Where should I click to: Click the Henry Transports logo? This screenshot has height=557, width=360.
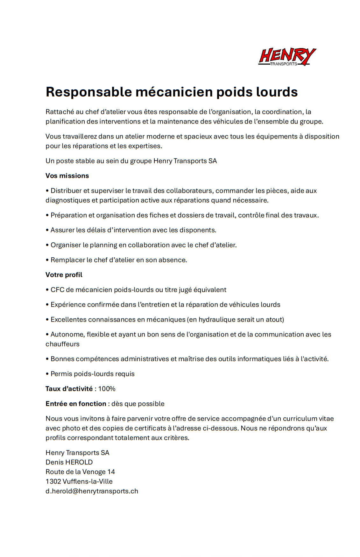(x=287, y=57)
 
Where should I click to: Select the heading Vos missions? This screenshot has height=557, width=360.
(x=67, y=176)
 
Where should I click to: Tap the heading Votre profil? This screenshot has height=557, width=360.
(x=64, y=275)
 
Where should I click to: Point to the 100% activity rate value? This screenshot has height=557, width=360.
(x=107, y=389)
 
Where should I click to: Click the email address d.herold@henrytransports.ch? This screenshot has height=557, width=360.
(x=92, y=491)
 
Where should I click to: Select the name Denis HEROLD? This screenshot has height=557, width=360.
(x=69, y=462)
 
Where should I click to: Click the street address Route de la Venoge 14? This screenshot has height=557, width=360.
(x=80, y=472)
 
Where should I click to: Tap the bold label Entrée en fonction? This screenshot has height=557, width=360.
(x=76, y=404)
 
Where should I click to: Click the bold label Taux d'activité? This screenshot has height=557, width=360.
(x=69, y=389)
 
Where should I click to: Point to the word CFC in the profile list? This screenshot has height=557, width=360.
(x=58, y=290)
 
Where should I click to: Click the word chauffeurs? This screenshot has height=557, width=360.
(x=62, y=344)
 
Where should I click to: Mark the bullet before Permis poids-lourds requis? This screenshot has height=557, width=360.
(x=47, y=374)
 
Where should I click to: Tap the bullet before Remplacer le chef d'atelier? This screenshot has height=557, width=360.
(x=47, y=260)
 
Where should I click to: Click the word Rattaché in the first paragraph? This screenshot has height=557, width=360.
(x=60, y=112)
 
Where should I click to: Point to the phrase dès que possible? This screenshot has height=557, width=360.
(x=138, y=404)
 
